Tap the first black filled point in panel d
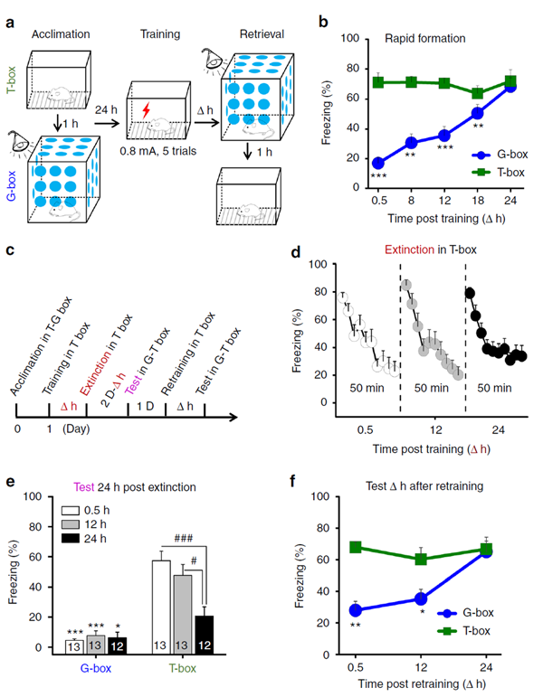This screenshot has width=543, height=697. [470, 293]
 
